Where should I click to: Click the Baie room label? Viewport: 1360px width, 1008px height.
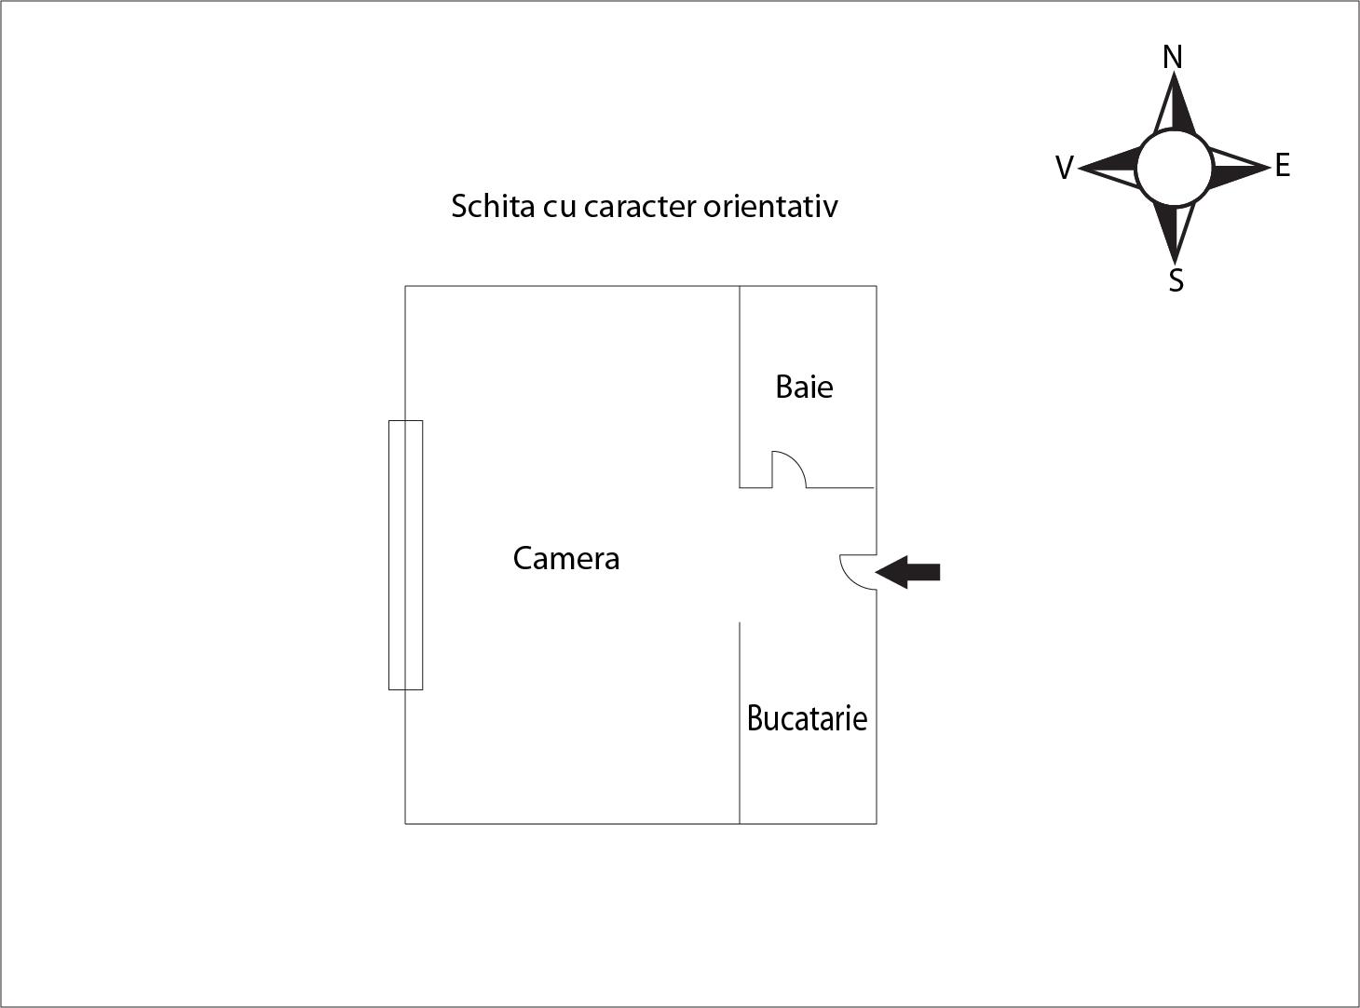[x=804, y=387]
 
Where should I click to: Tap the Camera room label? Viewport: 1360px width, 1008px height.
[x=566, y=558]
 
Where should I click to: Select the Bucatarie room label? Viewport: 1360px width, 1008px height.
[x=807, y=718]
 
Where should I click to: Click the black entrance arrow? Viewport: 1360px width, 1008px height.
[x=907, y=572]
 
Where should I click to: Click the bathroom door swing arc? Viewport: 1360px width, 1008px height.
[x=797, y=461]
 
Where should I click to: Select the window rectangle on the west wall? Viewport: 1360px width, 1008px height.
[x=405, y=555]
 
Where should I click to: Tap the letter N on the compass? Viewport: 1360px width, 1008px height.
[x=1173, y=57]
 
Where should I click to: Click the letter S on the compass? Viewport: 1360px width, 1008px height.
[x=1176, y=280]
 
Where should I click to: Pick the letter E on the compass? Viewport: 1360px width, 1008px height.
[x=1283, y=166]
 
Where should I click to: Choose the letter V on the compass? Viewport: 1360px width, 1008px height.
[x=1065, y=168]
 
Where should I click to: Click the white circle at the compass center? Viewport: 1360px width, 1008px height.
[x=1175, y=167]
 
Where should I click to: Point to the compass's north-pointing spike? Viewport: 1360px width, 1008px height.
[x=1175, y=103]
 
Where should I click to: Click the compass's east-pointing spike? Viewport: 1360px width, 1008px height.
[x=1240, y=167]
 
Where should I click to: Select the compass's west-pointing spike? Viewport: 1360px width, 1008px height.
[x=1108, y=167]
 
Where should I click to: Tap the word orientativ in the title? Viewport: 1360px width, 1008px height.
[x=770, y=206]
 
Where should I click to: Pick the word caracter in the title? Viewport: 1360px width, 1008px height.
[x=640, y=207]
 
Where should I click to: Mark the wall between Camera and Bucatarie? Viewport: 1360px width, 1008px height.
[x=740, y=723]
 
